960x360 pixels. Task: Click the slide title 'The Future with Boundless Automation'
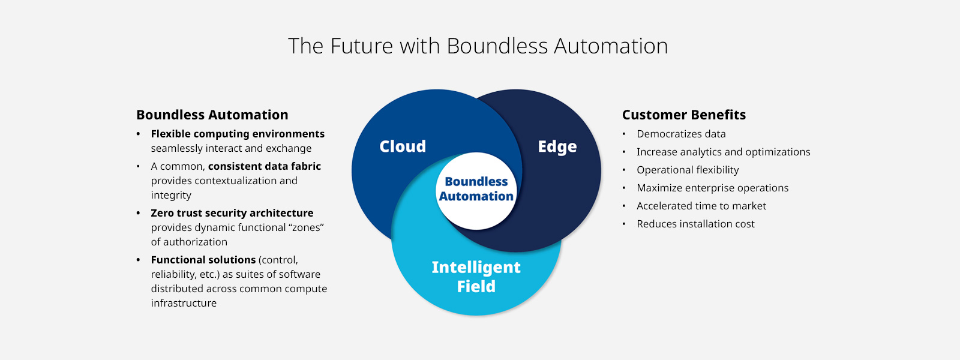pos(478,46)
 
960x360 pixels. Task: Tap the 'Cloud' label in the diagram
pos(403,146)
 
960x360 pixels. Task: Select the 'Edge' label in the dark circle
pos(557,146)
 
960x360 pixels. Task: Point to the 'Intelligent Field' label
pos(476,277)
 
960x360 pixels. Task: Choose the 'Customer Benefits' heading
pos(683,115)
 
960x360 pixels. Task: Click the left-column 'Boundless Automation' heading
pos(212,115)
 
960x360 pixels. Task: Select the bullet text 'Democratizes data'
pos(681,134)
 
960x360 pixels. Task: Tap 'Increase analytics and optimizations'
pos(723,152)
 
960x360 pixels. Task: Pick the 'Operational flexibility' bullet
pos(688,170)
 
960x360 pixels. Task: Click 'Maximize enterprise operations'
pos(712,188)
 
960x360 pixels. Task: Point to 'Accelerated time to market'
pos(701,206)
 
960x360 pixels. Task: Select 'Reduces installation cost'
pos(695,224)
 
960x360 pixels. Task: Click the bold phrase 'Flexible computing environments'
pos(238,134)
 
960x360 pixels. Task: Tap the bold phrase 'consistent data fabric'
pos(264,166)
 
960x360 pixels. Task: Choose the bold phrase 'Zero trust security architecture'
pos(232,213)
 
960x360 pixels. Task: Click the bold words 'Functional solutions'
pos(203,260)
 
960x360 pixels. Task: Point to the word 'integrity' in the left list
pos(171,195)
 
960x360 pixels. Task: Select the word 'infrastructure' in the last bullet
pos(184,303)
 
